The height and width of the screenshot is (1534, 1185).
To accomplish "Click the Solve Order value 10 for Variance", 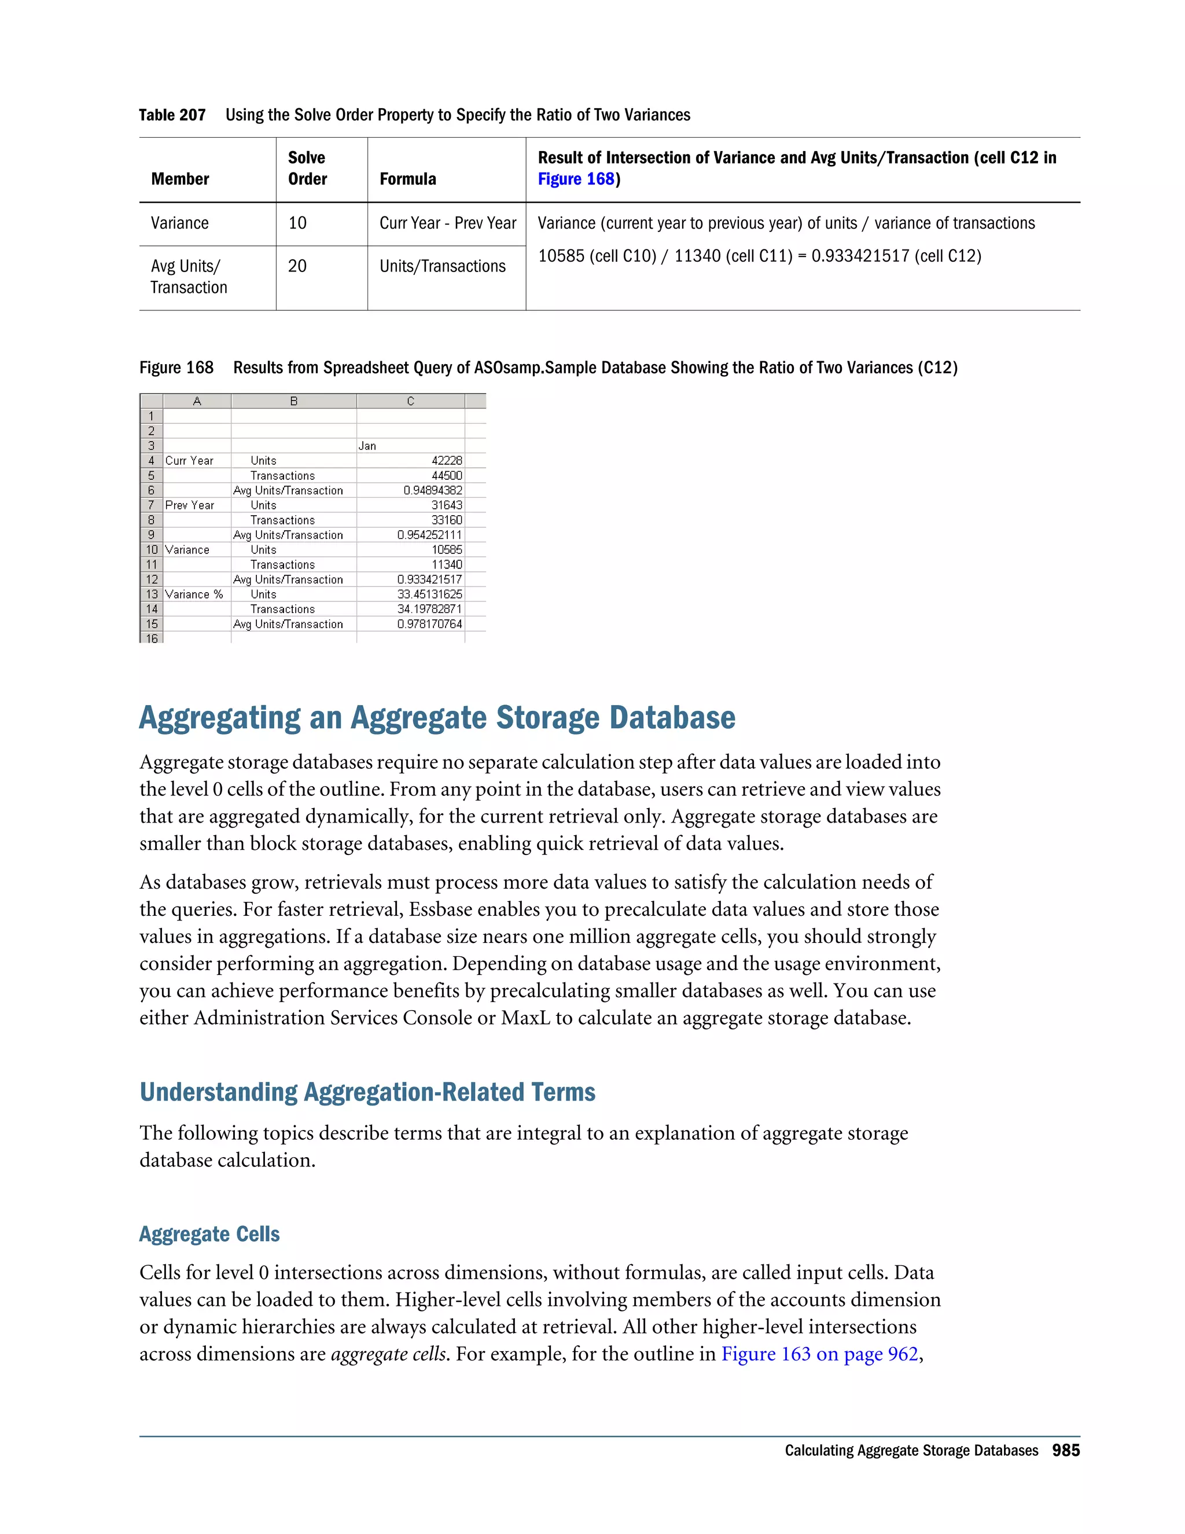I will [x=297, y=223].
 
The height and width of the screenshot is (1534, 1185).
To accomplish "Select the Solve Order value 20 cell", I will [x=297, y=266].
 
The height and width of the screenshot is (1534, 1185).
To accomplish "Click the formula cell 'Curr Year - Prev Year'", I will [x=447, y=223].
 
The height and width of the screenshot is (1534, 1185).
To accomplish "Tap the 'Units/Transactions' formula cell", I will [x=442, y=266].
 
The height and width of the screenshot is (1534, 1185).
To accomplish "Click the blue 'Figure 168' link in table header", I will [x=576, y=179].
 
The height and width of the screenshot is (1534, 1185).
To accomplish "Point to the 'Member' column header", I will [x=180, y=179].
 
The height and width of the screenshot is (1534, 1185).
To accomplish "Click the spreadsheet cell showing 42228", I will [x=447, y=461].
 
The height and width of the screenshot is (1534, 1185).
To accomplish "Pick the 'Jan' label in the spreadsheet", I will [x=367, y=446].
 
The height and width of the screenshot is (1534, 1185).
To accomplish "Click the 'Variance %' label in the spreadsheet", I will [x=194, y=594].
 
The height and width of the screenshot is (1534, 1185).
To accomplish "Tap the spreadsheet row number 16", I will [x=152, y=638].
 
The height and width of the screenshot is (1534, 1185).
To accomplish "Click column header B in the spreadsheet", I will [x=293, y=401].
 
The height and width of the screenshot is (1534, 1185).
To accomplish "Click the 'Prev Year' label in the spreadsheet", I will [x=190, y=505].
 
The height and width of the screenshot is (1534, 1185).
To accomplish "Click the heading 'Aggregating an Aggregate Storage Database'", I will [x=437, y=718].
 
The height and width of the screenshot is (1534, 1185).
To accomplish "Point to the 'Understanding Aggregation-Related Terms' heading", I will [x=367, y=1092].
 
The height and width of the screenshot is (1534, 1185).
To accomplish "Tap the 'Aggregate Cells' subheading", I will [x=209, y=1234].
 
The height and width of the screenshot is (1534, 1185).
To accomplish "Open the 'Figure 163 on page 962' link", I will [x=819, y=1354].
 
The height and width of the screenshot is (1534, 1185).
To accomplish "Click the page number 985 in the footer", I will [x=1065, y=1451].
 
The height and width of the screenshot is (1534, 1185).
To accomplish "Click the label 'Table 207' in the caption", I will [x=172, y=115].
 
